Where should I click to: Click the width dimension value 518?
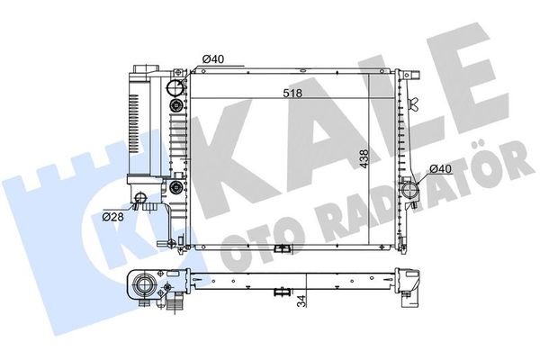292,93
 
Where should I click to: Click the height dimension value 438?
364,158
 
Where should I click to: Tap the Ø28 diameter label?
113,217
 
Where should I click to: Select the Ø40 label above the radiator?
213,59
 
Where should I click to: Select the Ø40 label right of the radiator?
441,169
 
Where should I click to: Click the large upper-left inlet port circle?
175,87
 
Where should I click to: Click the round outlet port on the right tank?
410,190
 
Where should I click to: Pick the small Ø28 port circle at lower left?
140,198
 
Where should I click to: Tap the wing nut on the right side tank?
414,103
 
